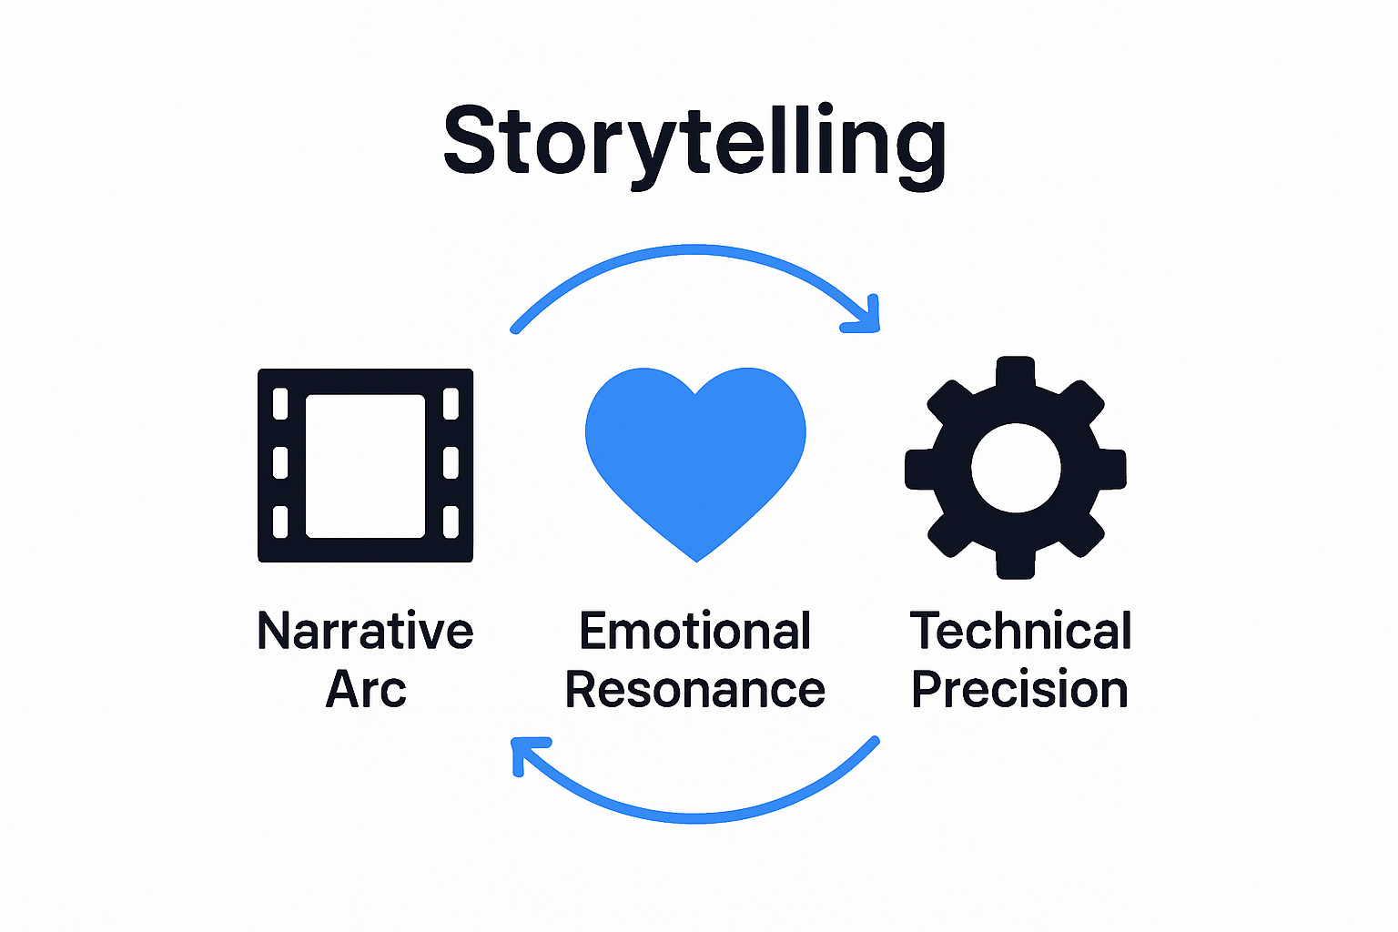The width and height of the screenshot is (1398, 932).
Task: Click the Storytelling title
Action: coord(694,142)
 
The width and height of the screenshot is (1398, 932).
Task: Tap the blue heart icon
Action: coord(695,455)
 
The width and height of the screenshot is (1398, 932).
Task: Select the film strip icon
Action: coord(365,465)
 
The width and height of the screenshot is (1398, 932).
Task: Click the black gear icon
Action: coord(1016,468)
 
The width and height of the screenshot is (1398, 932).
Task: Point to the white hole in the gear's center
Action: coord(1016,468)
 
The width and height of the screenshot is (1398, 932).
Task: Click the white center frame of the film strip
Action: coord(365,465)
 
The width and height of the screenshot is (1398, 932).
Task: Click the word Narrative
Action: coord(365,631)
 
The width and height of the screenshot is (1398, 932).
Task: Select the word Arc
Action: coord(365,689)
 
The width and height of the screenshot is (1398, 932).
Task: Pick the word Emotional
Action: coord(694,631)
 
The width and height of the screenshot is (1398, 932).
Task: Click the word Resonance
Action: coord(694,689)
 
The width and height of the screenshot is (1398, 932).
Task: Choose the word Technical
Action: coord(1020,631)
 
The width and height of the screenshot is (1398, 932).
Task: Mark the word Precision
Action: coord(1019,689)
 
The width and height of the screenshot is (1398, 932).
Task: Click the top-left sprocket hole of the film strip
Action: coord(280,403)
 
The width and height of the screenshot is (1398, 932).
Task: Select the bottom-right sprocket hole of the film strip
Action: coord(451,522)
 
